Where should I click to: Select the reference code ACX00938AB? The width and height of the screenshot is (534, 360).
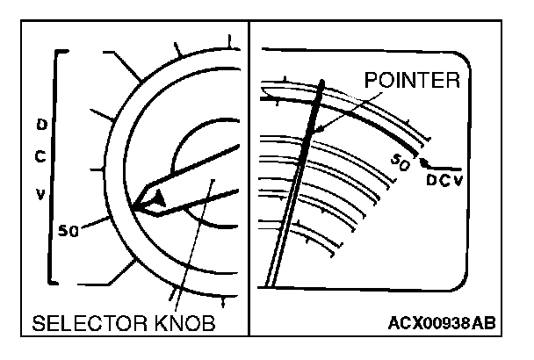click(x=442, y=324)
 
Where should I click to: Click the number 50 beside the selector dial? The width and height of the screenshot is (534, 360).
click(x=69, y=231)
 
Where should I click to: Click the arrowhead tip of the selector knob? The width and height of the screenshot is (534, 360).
click(x=137, y=207)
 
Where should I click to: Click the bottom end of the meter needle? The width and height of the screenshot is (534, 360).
click(x=271, y=284)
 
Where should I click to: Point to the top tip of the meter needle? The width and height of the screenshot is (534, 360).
click(x=324, y=82)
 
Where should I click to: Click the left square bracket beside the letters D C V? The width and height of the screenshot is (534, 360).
click(x=53, y=167)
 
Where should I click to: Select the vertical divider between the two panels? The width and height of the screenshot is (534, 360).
click(x=250, y=176)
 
